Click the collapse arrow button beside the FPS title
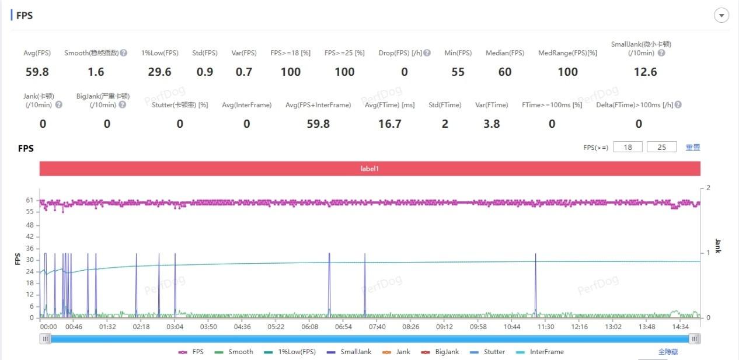click(x=721, y=16)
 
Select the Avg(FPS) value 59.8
click(x=37, y=72)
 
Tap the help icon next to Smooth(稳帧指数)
click(x=124, y=53)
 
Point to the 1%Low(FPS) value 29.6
click(x=159, y=72)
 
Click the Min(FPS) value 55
click(x=458, y=72)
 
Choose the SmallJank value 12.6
click(x=645, y=72)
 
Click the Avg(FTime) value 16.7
click(x=389, y=124)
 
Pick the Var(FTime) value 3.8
click(x=491, y=124)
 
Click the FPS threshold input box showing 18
click(x=628, y=147)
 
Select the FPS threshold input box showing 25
click(x=661, y=147)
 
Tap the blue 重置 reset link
click(x=693, y=148)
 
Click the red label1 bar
click(x=370, y=168)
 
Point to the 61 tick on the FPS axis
click(x=29, y=200)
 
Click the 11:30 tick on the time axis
click(x=545, y=327)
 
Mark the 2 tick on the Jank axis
click(x=708, y=188)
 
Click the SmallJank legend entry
click(x=351, y=352)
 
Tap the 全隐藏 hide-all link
click(x=668, y=352)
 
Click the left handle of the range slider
click(x=46, y=338)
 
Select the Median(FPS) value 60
click(x=505, y=72)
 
